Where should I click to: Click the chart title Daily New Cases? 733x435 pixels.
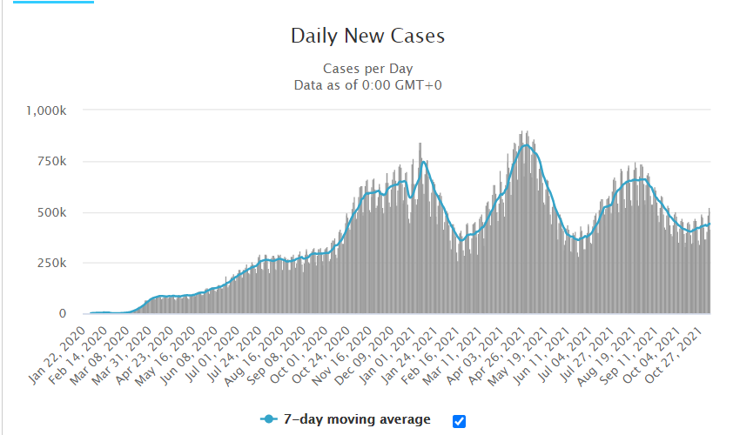pos(367,37)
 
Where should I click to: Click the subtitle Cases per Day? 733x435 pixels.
pos(367,69)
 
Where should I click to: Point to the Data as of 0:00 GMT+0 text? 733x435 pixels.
pos(367,84)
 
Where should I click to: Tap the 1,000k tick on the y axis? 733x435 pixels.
pos(53,110)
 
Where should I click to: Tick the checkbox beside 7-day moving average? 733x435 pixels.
pos(460,421)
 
